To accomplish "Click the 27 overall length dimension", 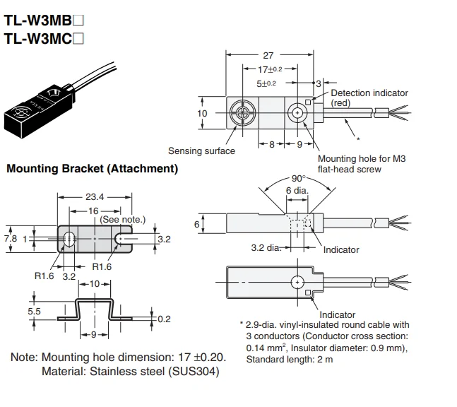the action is click(268, 55).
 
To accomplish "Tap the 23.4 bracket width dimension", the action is click(95, 197).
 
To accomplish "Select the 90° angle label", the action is click(299, 178).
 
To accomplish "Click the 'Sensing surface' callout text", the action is click(201, 151).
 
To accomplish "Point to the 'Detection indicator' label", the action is click(369, 93).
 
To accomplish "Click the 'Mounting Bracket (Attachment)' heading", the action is click(92, 168).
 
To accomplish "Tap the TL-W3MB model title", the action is click(44, 20).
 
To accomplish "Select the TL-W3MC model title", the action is click(44, 38).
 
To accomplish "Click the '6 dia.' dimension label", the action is click(297, 190).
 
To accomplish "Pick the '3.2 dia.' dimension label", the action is click(266, 248).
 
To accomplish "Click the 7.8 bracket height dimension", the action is click(11, 239).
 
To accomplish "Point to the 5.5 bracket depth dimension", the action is click(34, 311).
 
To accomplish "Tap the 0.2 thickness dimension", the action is click(164, 319).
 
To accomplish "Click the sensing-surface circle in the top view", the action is click(242, 112).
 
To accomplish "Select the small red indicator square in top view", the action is click(308, 102).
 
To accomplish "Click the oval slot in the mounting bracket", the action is click(69, 239).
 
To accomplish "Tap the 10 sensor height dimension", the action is click(202, 113).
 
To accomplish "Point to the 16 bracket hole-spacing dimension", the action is click(93, 211).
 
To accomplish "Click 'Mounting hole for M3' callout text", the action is click(362, 158).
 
